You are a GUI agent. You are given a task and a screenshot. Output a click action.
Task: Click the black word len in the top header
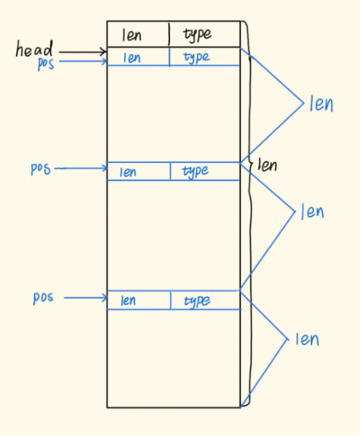click(132, 36)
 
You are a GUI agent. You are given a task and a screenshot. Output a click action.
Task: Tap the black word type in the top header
click(197, 35)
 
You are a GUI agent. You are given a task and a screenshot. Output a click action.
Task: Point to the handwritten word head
click(34, 49)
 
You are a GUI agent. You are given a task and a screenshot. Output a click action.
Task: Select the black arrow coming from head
click(83, 52)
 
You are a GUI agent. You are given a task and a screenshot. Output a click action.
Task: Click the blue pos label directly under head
click(46, 64)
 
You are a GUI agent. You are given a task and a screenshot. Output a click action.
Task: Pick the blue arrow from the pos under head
click(83, 61)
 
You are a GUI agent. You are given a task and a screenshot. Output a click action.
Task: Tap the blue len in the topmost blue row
click(132, 58)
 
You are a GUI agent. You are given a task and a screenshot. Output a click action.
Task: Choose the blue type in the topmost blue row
click(196, 58)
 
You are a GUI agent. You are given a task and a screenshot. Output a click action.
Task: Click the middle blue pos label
click(41, 168)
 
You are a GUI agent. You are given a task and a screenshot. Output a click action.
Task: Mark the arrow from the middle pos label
click(81, 168)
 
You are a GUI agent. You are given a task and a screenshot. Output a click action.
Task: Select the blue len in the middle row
click(128, 172)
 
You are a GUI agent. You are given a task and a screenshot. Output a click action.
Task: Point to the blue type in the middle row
click(195, 171)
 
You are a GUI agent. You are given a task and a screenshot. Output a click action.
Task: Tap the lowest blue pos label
click(43, 298)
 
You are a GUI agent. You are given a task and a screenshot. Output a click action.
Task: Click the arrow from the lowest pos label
click(86, 298)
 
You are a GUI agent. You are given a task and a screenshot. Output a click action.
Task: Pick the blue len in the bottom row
click(128, 300)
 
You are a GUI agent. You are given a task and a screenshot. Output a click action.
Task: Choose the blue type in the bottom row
click(197, 301)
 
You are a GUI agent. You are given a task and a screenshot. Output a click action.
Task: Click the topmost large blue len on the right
click(321, 104)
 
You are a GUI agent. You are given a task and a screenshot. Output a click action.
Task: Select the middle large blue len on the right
click(312, 212)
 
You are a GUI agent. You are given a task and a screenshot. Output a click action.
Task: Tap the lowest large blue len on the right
click(307, 339)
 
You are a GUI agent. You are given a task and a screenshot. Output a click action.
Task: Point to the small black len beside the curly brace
click(267, 165)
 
